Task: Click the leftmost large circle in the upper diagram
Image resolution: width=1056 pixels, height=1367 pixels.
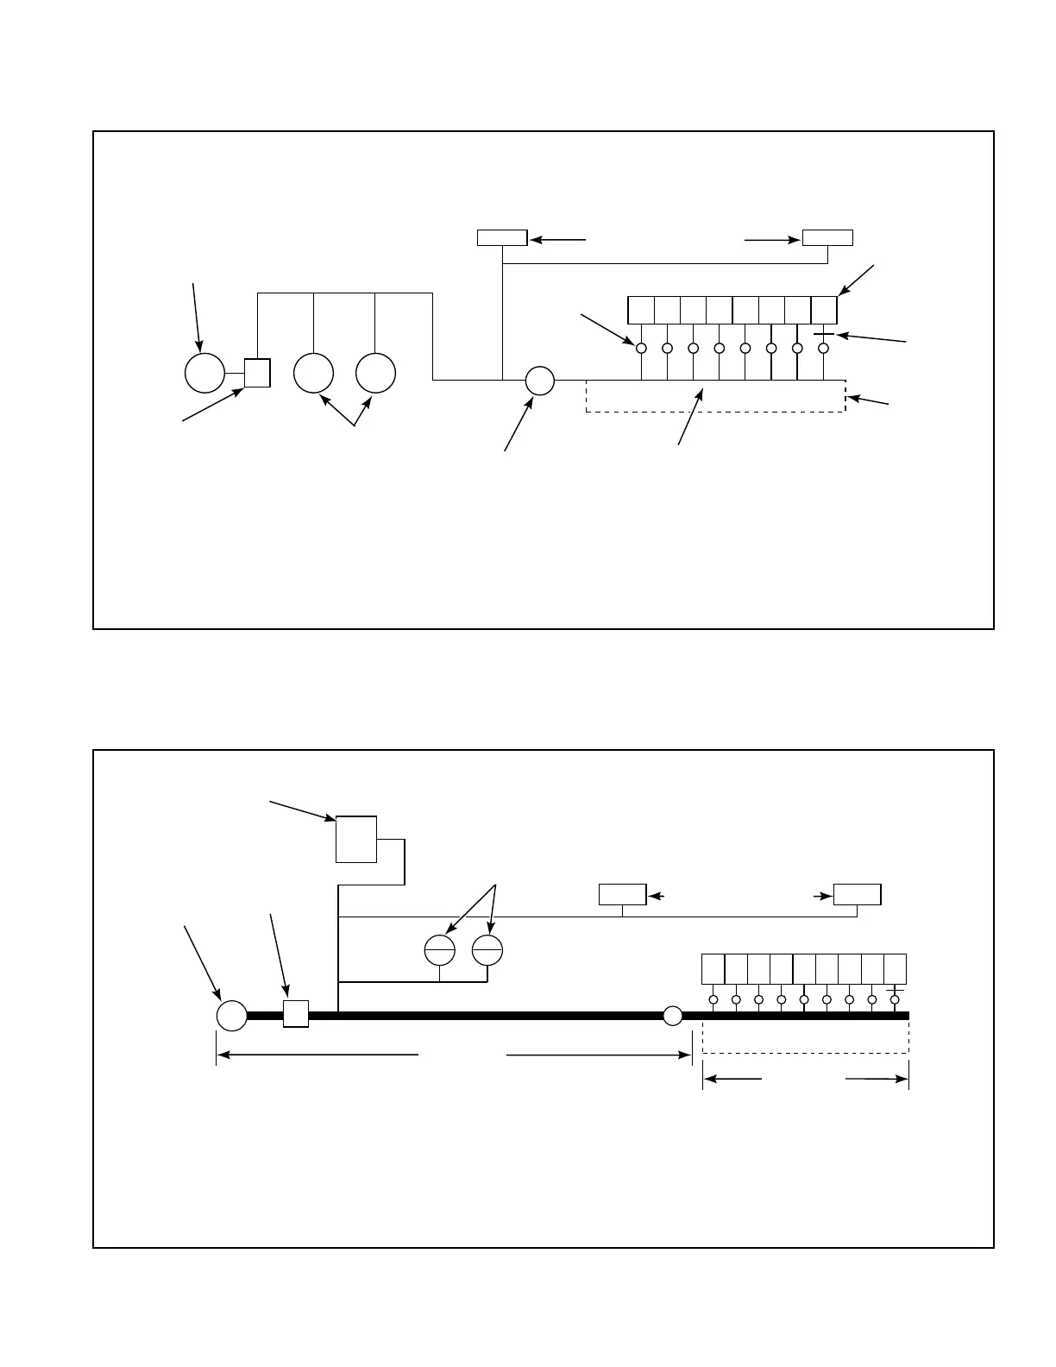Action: coord(204,373)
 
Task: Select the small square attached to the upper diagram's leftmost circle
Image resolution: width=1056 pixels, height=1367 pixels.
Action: coord(257,373)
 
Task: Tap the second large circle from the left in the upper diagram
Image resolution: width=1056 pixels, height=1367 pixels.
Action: coord(313,373)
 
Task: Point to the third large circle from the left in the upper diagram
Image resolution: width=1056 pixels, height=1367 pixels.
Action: coord(375,373)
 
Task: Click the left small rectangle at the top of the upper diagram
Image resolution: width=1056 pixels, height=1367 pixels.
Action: coord(502,238)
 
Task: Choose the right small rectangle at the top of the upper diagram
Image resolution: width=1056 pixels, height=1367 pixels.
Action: coord(827,238)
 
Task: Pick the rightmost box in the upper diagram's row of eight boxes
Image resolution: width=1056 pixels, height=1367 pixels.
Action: coord(824,310)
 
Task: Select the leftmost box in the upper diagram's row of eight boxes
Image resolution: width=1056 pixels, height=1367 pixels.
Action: coord(641,310)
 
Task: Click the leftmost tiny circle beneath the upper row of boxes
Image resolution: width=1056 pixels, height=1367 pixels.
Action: coord(641,348)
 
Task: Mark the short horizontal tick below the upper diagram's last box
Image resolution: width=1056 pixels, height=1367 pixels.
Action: coord(824,334)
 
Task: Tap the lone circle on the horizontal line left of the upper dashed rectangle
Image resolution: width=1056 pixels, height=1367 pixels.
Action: coord(539,380)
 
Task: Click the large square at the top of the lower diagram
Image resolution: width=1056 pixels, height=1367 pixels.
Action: coord(356,838)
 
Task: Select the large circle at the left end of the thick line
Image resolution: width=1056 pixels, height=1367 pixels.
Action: coord(231,1015)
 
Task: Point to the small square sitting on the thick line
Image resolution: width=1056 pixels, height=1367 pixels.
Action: coord(296,1014)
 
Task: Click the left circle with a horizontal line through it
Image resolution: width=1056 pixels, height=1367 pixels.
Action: coord(440,950)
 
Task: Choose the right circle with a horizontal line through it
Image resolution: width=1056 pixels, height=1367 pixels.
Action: coord(487,950)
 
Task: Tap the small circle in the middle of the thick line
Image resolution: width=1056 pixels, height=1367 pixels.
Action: coord(672,1016)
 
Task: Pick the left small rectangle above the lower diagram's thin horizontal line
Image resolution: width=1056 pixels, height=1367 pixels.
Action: coord(623,895)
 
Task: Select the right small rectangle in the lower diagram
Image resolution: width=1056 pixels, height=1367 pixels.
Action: coord(857,895)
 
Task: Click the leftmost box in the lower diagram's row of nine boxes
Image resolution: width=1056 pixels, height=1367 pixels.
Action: coord(713,968)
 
